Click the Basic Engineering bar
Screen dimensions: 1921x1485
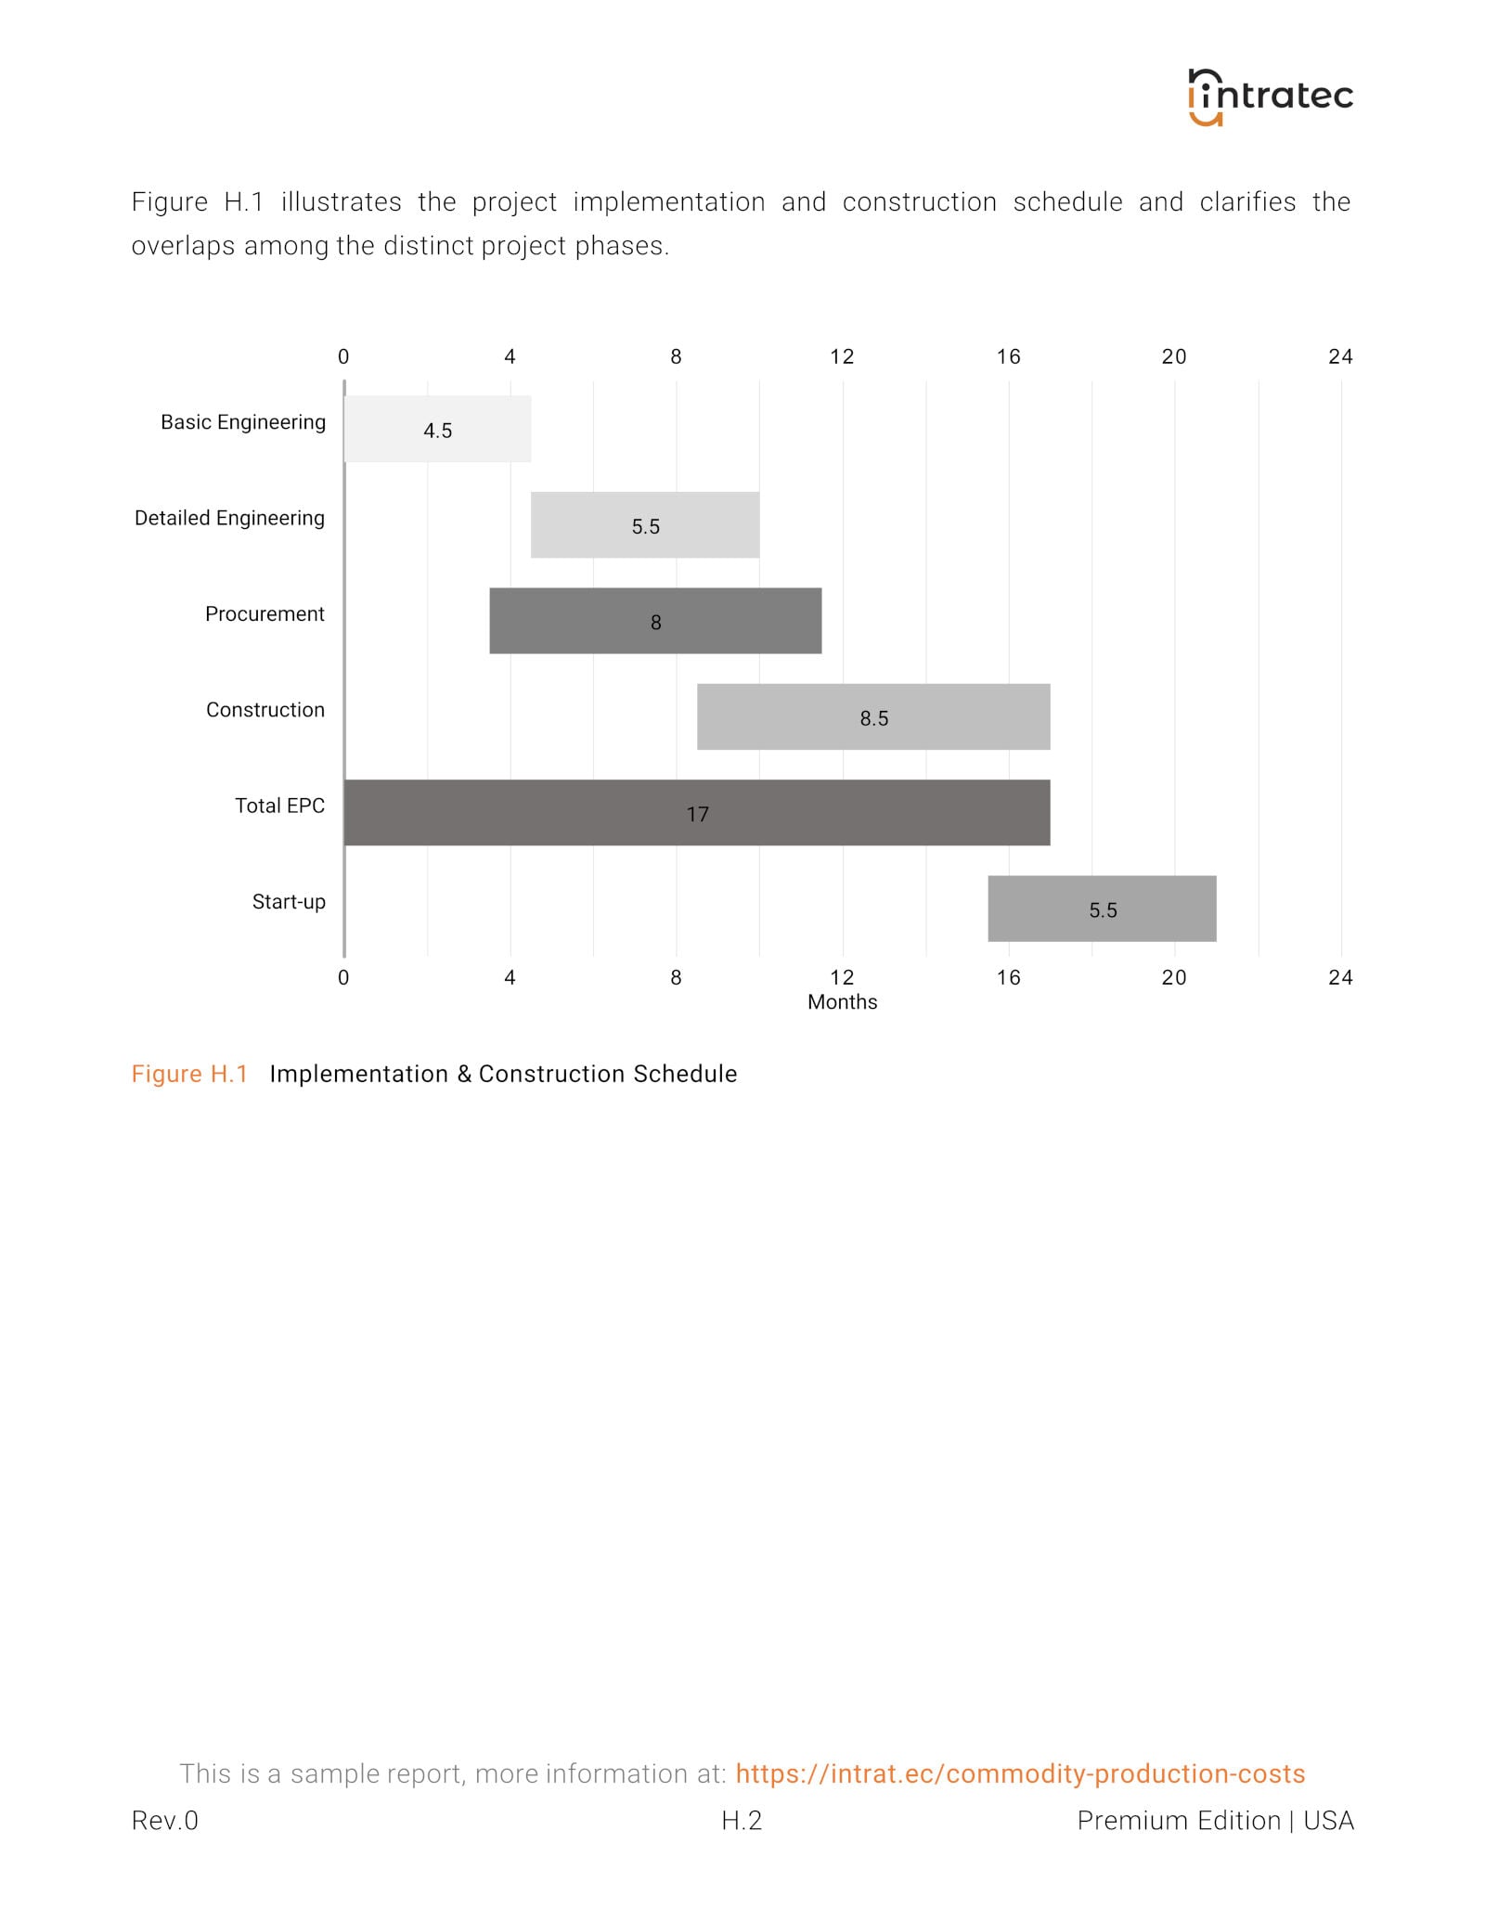[437, 429]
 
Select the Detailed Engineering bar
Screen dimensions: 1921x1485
[645, 525]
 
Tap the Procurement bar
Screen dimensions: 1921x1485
[655, 621]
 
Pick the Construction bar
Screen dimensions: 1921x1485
[873, 716]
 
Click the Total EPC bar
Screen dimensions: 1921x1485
[697, 813]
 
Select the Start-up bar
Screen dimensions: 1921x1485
[1102, 909]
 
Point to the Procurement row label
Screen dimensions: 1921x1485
[265, 613]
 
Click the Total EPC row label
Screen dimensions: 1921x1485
[279, 806]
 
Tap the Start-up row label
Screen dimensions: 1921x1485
[289, 902]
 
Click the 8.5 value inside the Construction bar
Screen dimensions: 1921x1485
[873, 718]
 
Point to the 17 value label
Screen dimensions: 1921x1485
[697, 815]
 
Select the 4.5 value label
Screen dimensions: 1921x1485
[437, 431]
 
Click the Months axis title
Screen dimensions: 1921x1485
[842, 1002]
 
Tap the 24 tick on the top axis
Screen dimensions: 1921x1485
[1340, 356]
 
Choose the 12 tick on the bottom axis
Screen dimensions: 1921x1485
[842, 977]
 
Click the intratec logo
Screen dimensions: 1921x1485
[1270, 97]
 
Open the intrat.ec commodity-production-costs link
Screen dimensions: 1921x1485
[1020, 1773]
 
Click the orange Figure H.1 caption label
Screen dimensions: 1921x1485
[189, 1074]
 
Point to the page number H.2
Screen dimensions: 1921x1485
[742, 1821]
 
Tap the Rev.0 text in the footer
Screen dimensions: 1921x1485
[165, 1821]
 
